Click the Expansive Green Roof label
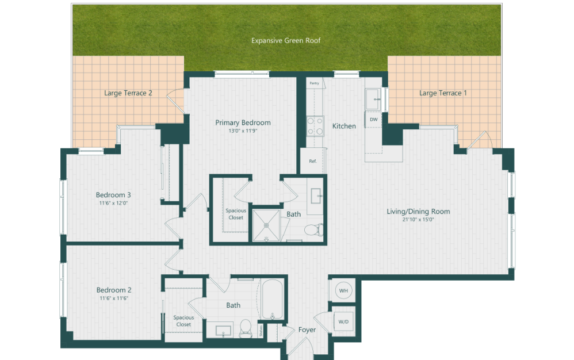pyautogui.click(x=286, y=41)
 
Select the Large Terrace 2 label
pyautogui.click(x=128, y=93)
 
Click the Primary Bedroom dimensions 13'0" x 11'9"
pyautogui.click(x=243, y=131)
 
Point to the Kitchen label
pyautogui.click(x=344, y=126)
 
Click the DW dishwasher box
pyautogui.click(x=374, y=120)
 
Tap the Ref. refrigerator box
pyautogui.click(x=313, y=161)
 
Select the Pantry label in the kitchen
pyautogui.click(x=314, y=83)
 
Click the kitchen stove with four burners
pyautogui.click(x=315, y=126)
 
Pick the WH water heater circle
pyautogui.click(x=343, y=291)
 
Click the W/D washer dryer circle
pyautogui.click(x=343, y=321)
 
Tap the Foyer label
pyautogui.click(x=307, y=330)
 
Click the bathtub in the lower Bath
pyautogui.click(x=272, y=300)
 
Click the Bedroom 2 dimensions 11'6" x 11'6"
pyautogui.click(x=114, y=298)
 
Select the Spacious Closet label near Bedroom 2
pyautogui.click(x=183, y=321)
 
